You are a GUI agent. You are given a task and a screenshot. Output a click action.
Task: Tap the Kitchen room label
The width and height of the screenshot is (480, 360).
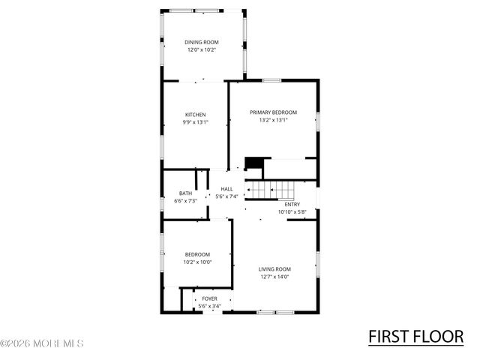[x=195, y=115]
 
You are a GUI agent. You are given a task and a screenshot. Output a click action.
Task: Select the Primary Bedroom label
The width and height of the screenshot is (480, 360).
[x=273, y=112]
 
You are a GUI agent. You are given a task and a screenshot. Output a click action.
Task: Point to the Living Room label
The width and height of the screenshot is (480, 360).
[x=274, y=268]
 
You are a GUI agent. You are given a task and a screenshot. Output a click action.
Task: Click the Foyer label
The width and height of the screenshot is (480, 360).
[x=209, y=299]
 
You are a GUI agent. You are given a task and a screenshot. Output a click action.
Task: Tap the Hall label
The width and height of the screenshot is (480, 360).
[x=226, y=189]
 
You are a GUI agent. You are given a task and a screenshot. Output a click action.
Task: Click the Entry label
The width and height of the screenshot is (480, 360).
[x=292, y=204]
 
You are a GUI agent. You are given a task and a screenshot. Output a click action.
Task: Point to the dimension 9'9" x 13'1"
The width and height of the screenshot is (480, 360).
[x=195, y=122]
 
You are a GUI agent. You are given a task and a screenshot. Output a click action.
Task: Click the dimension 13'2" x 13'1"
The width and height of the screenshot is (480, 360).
[x=273, y=119]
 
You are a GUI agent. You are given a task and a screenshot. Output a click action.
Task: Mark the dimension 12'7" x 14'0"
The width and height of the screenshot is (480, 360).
[x=274, y=276]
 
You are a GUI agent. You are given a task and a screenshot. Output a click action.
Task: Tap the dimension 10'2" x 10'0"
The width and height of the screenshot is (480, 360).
[x=198, y=262]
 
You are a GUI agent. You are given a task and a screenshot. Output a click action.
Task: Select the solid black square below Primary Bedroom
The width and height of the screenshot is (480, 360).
[x=255, y=163]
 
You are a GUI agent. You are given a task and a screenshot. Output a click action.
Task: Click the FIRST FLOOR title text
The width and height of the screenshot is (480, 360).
[x=415, y=337]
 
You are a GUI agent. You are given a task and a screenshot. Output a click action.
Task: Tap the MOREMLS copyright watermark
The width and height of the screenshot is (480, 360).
[x=42, y=344]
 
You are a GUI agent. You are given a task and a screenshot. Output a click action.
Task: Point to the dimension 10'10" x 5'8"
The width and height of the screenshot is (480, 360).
[x=292, y=211]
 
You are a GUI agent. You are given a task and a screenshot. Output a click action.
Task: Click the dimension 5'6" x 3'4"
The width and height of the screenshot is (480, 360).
[x=209, y=307]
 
